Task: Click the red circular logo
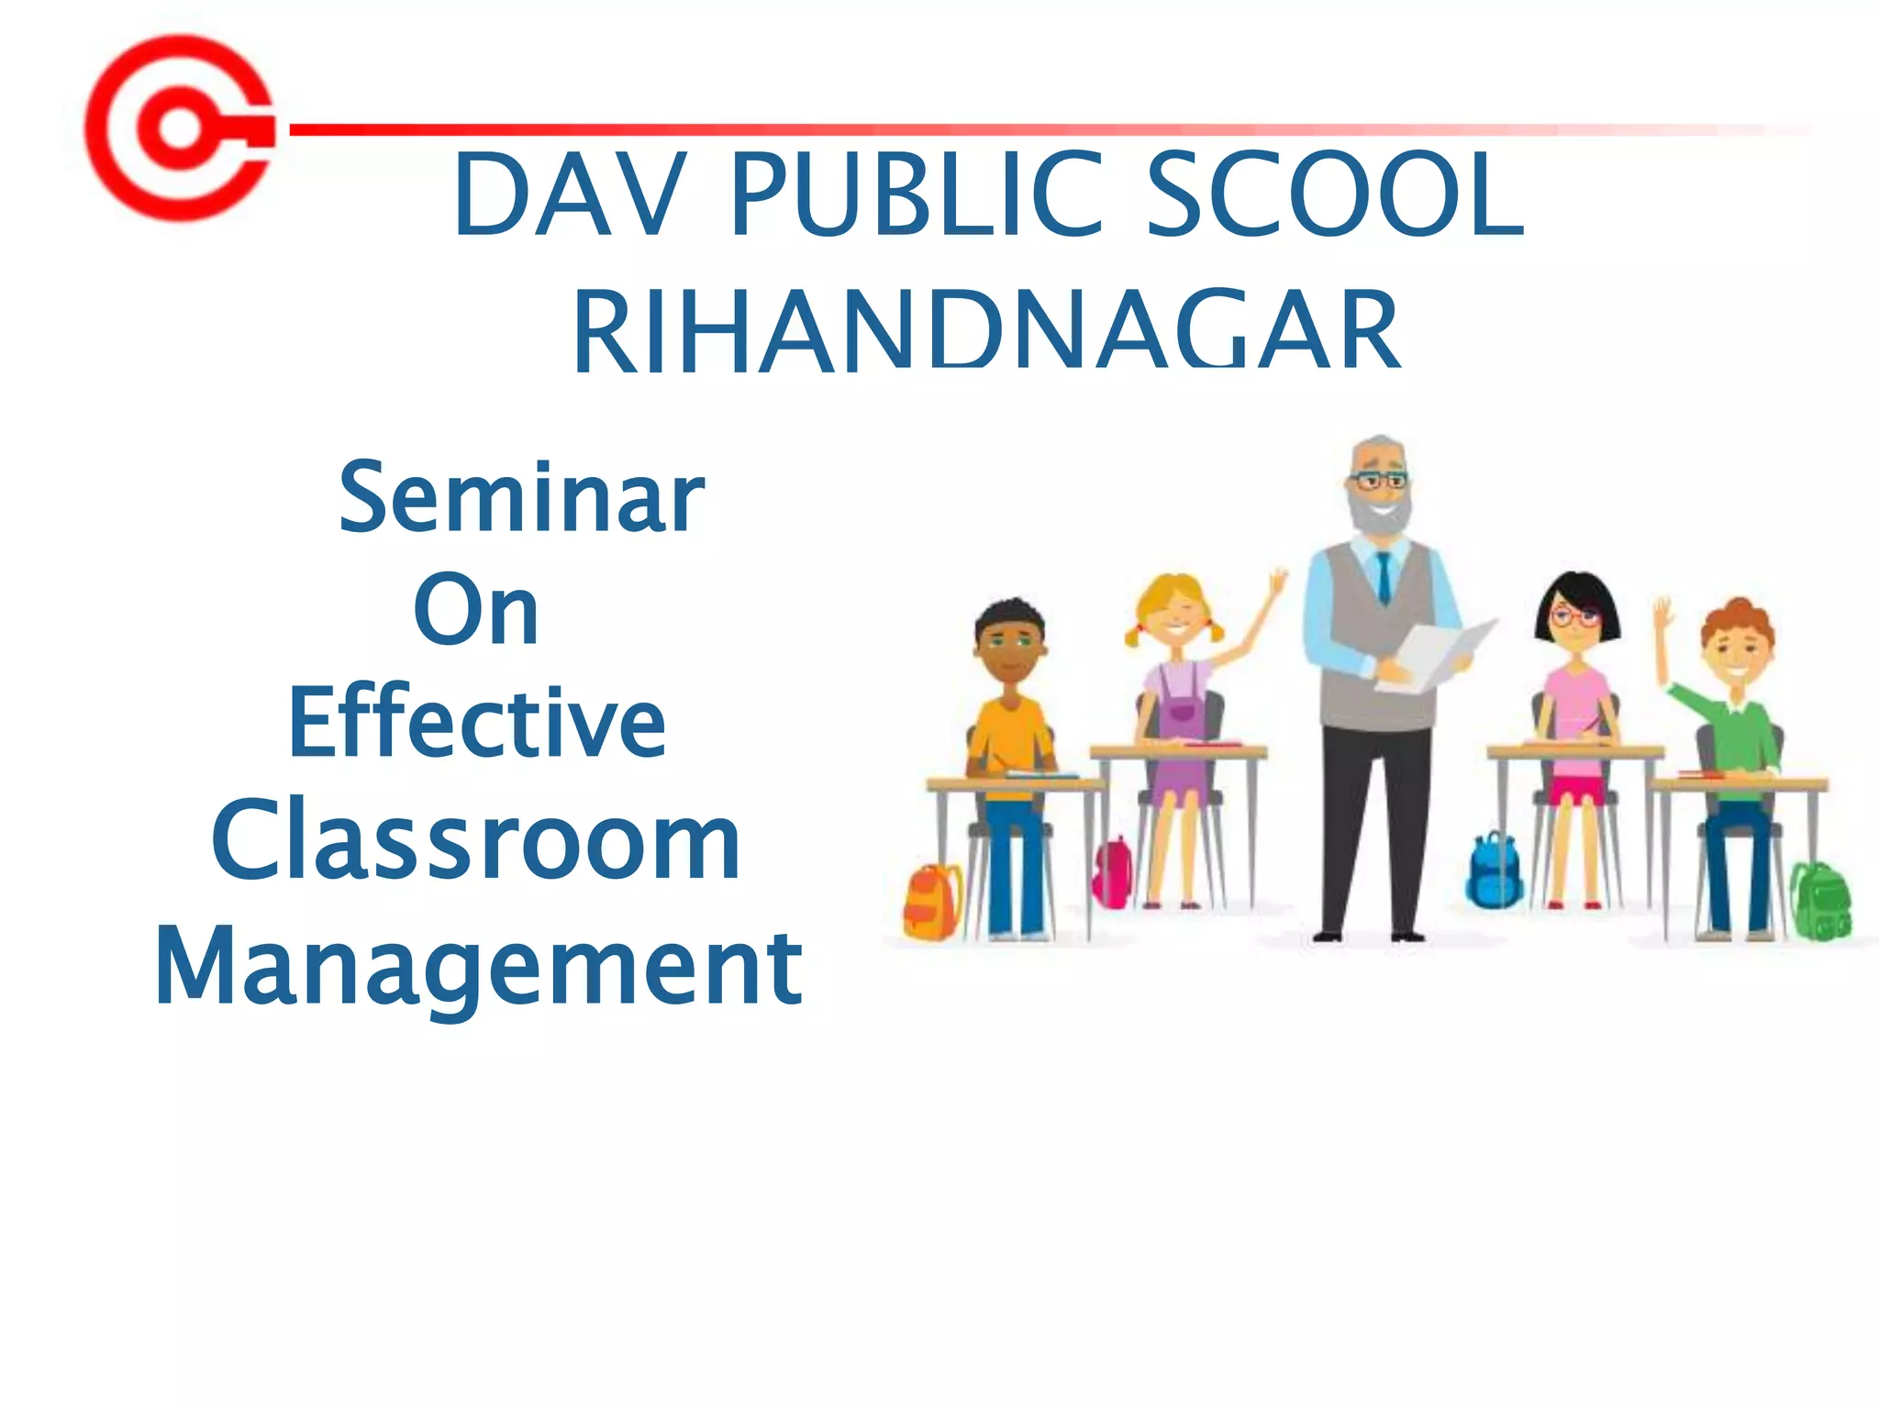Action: [x=180, y=128]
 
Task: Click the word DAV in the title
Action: [x=569, y=194]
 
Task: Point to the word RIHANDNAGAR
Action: [x=986, y=330]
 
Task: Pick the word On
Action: [x=475, y=610]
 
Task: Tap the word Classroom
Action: [x=475, y=840]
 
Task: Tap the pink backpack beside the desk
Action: [x=1113, y=871]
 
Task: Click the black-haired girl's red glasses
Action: [x=1574, y=616]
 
